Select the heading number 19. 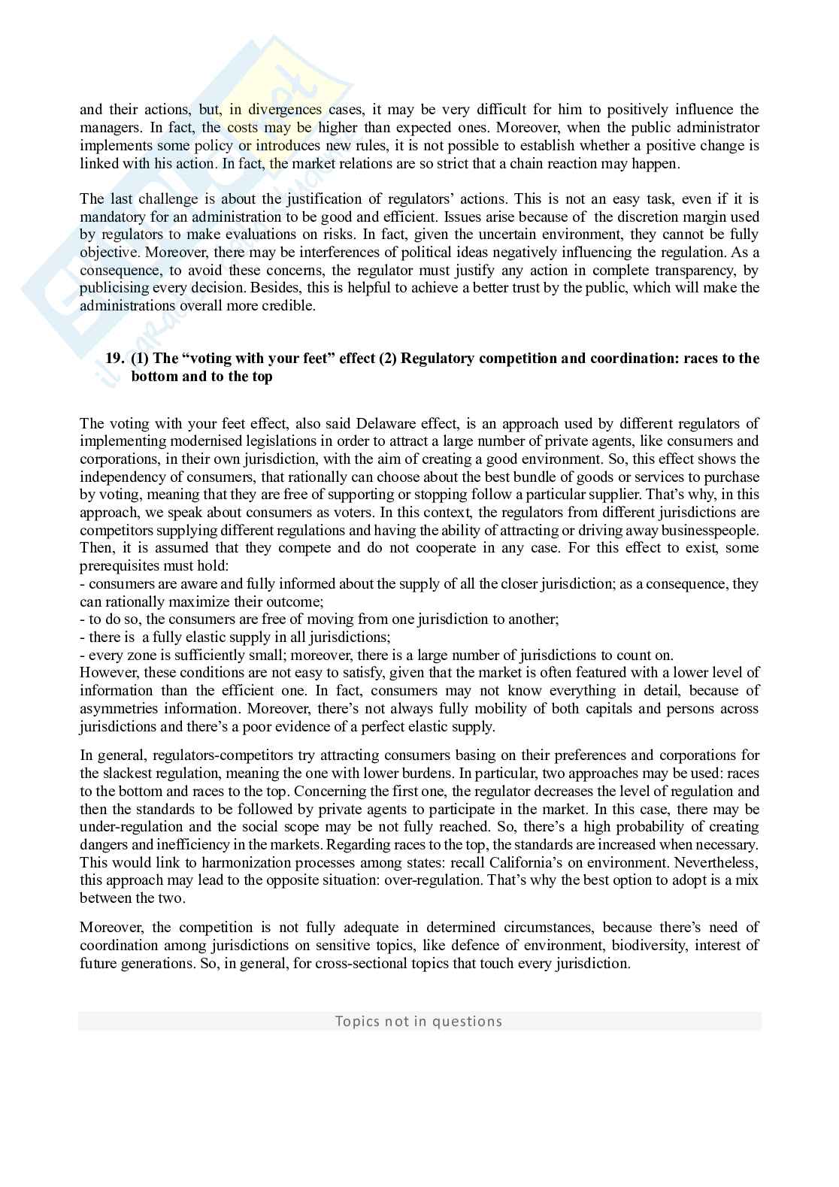[115, 359]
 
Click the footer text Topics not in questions [419, 1021]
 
